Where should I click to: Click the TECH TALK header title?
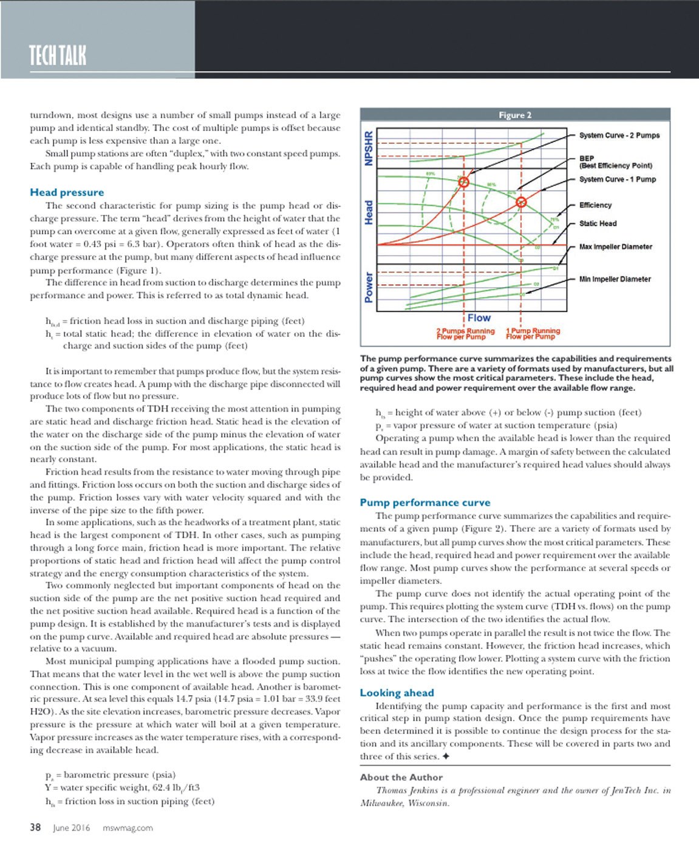[58, 55]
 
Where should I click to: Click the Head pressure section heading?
[67, 192]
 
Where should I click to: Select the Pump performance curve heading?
[425, 503]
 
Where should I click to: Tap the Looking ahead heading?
[397, 693]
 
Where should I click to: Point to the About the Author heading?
[401, 777]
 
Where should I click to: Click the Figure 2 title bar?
[515, 115]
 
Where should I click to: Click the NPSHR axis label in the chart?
[369, 148]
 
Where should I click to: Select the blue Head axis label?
[369, 212]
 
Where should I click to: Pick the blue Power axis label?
[369, 287]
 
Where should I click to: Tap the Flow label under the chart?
[479, 318]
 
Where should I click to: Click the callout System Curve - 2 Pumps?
[619, 135]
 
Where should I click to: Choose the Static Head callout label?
[598, 223]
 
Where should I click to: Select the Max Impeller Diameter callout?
[615, 247]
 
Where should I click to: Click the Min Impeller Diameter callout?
[615, 279]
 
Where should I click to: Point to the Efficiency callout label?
[595, 205]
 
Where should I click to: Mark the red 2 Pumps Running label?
[465, 334]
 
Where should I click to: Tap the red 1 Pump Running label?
[533, 334]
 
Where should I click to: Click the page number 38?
[36, 828]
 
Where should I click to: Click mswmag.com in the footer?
[128, 828]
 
